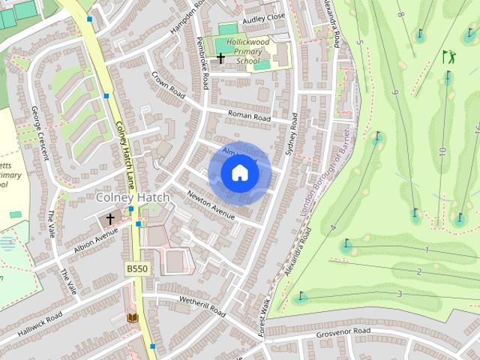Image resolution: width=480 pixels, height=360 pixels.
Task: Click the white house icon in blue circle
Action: (239, 173)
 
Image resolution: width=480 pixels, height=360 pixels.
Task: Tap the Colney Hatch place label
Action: (133, 197)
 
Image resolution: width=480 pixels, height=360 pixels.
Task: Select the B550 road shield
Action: (136, 268)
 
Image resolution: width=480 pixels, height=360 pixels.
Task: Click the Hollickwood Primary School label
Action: (248, 52)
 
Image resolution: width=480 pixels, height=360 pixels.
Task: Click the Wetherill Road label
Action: (202, 304)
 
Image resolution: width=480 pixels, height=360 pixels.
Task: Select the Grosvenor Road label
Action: (343, 331)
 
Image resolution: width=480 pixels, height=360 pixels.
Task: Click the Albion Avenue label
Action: (97, 239)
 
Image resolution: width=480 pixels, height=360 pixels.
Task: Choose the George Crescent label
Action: (39, 133)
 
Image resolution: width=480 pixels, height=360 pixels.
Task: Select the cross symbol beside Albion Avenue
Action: (110, 219)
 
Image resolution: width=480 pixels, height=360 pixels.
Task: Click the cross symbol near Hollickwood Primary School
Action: (220, 58)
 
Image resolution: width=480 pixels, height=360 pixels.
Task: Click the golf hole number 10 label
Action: (442, 151)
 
